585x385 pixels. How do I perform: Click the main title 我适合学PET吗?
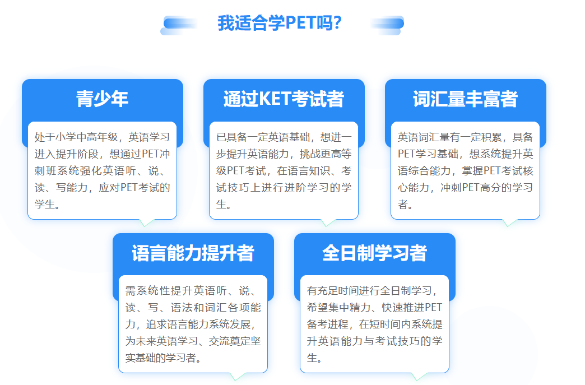pos(280,23)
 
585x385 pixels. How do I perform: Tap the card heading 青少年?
pos(102,99)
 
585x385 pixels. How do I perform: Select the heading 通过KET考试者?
pos(284,99)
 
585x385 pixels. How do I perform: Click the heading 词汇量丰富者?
pos(465,99)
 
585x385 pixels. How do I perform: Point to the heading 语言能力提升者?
pos(193,253)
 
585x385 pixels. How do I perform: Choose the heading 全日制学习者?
pos(374,253)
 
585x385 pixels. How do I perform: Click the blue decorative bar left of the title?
pos(179,25)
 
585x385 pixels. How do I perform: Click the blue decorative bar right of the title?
pos(387,25)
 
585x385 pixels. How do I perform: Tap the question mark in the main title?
pos(338,23)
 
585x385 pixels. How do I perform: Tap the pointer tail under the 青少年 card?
pos(147,222)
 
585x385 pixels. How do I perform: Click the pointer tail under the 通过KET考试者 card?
pos(328,222)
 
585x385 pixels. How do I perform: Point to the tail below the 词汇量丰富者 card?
pos(510,222)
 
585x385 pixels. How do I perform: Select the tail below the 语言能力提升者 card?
pos(237,377)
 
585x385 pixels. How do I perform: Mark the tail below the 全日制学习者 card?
pos(419,377)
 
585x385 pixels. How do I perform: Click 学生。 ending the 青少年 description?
pos(48,205)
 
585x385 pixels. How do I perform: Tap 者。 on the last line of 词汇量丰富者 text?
pos(405,205)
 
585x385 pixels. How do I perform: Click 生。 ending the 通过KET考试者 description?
pos(224,205)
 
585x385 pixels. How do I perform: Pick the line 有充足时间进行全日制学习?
pos(372,291)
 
